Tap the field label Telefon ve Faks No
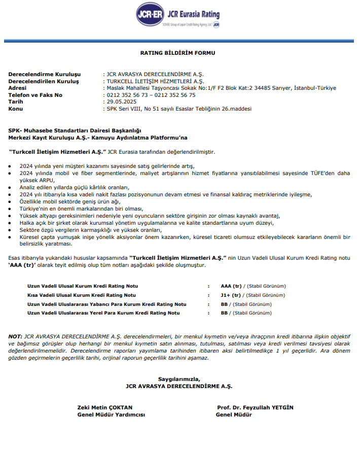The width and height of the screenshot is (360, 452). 35,95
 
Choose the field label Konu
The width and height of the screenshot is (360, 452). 16,109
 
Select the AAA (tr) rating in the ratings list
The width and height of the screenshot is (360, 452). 231,286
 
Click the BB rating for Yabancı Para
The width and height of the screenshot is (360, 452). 224,304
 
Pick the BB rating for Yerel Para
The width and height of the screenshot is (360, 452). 224,313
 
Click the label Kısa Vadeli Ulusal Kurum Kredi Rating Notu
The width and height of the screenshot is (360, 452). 82,295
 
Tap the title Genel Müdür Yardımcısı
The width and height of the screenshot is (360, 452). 111,414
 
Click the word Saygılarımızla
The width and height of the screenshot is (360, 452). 179,379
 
